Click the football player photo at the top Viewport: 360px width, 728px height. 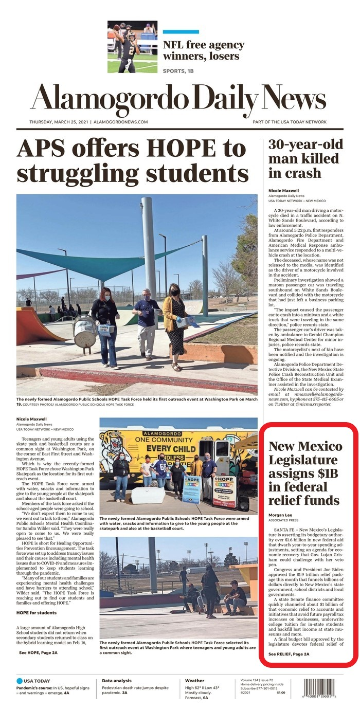pyautogui.click(x=132, y=47)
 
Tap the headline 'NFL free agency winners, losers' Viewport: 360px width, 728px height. pyautogui.click(x=204, y=50)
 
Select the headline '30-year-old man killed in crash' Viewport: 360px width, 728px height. pyautogui.click(x=303, y=158)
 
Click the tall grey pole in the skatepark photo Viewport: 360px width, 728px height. pyautogui.click(x=149, y=247)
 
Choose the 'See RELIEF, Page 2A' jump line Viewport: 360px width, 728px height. pyautogui.click(x=289, y=654)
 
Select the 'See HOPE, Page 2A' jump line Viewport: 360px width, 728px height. pyautogui.click(x=38, y=652)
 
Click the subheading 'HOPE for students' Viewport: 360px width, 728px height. pyautogui.click(x=37, y=613)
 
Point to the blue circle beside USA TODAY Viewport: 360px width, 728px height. pyautogui.click(x=20, y=681)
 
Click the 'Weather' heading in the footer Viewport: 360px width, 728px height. pyautogui.click(x=195, y=681)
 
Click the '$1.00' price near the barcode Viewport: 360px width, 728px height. pyautogui.click(x=281, y=693)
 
